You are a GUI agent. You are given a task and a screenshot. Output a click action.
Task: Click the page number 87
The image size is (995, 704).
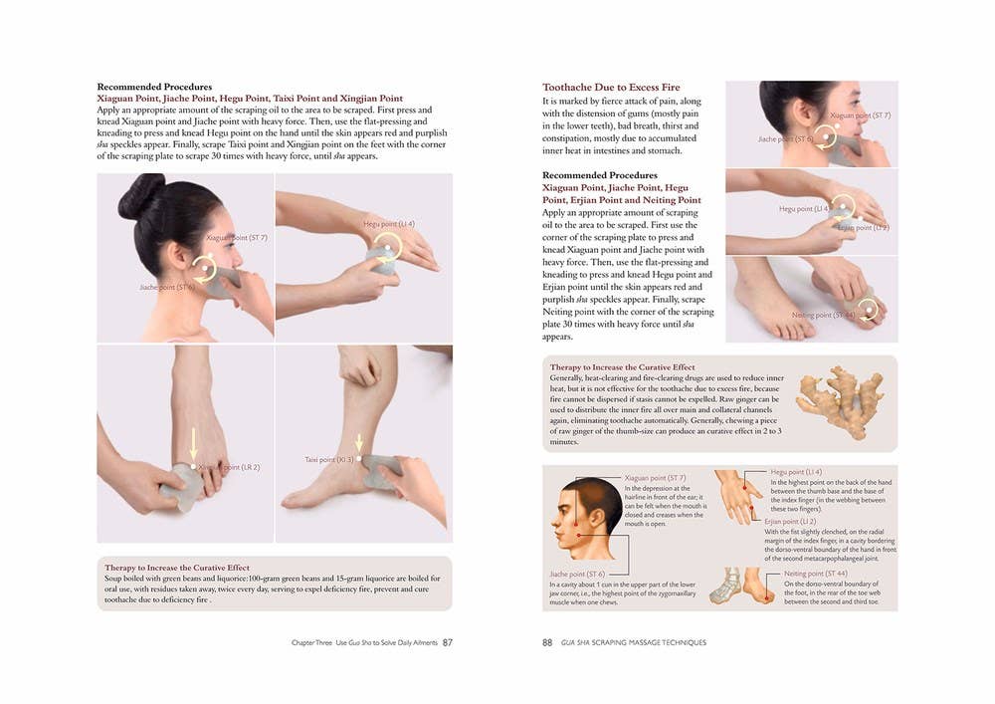pyautogui.click(x=448, y=642)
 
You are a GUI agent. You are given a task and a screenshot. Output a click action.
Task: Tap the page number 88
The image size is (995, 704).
pyautogui.click(x=547, y=642)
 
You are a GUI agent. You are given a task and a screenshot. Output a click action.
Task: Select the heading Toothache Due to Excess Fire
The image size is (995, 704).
pyautogui.click(x=611, y=88)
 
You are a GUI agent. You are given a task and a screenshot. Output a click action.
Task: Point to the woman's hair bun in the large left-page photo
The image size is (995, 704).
pyautogui.click(x=140, y=196)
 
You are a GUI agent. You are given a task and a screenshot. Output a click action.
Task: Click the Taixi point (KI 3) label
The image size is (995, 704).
pyautogui.click(x=328, y=459)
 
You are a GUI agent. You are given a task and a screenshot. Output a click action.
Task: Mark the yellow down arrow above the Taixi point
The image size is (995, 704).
pyautogui.click(x=359, y=442)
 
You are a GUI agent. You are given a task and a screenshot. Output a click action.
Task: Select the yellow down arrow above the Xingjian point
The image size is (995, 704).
pyautogui.click(x=195, y=443)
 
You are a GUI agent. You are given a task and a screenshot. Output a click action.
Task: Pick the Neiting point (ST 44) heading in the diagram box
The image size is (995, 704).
pyautogui.click(x=816, y=575)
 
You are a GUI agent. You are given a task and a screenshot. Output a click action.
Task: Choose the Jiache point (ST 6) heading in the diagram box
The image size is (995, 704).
pyautogui.click(x=576, y=574)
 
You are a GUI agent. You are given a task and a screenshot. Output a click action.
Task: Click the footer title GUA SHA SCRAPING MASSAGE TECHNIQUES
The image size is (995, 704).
pyautogui.click(x=634, y=642)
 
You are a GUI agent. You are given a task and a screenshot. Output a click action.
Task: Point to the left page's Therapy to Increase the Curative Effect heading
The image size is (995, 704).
pyautogui.click(x=176, y=568)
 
